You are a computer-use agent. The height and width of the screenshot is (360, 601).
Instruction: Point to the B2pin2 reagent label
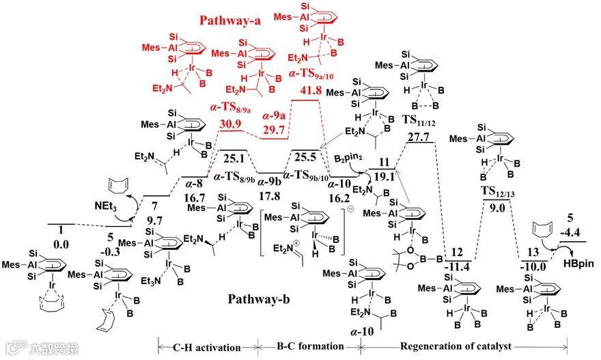pos(348,159)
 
